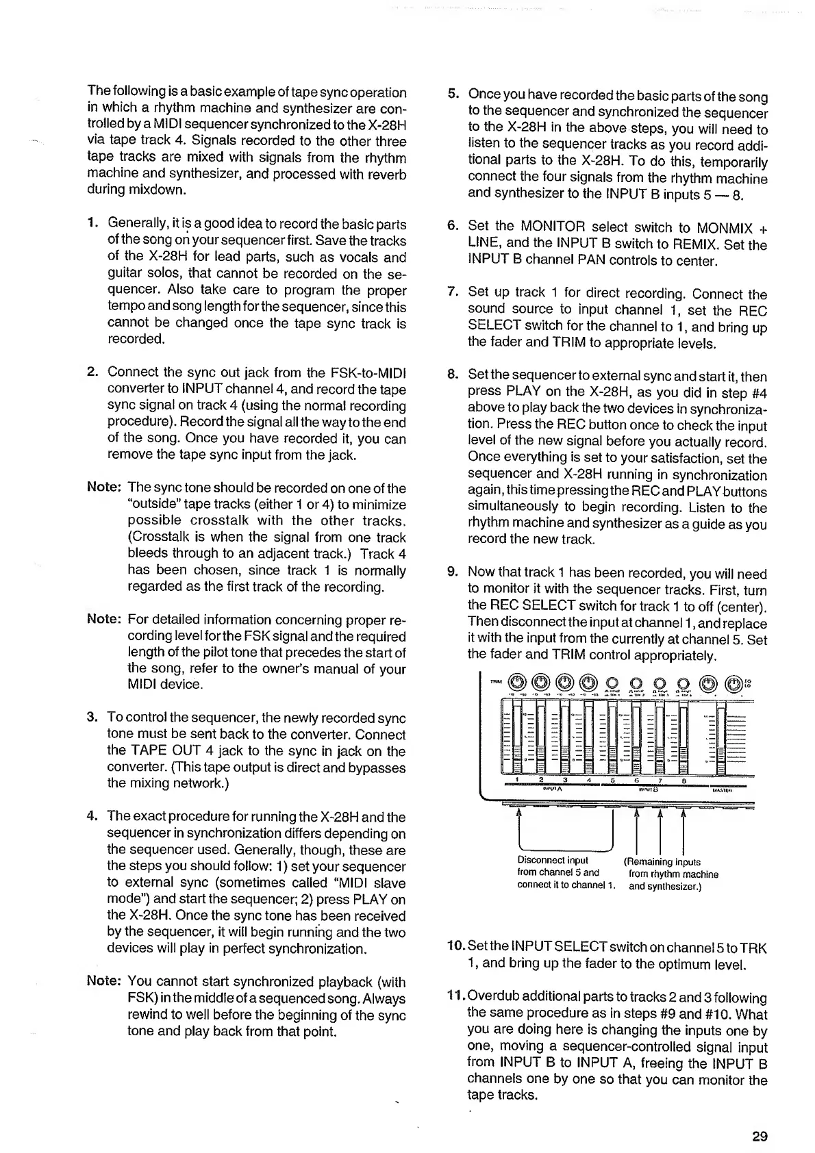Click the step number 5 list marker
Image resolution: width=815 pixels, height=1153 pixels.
pyautogui.click(x=451, y=97)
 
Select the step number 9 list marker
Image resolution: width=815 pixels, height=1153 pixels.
pyautogui.click(x=451, y=573)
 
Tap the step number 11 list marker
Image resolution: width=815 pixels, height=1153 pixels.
pyautogui.click(x=454, y=998)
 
